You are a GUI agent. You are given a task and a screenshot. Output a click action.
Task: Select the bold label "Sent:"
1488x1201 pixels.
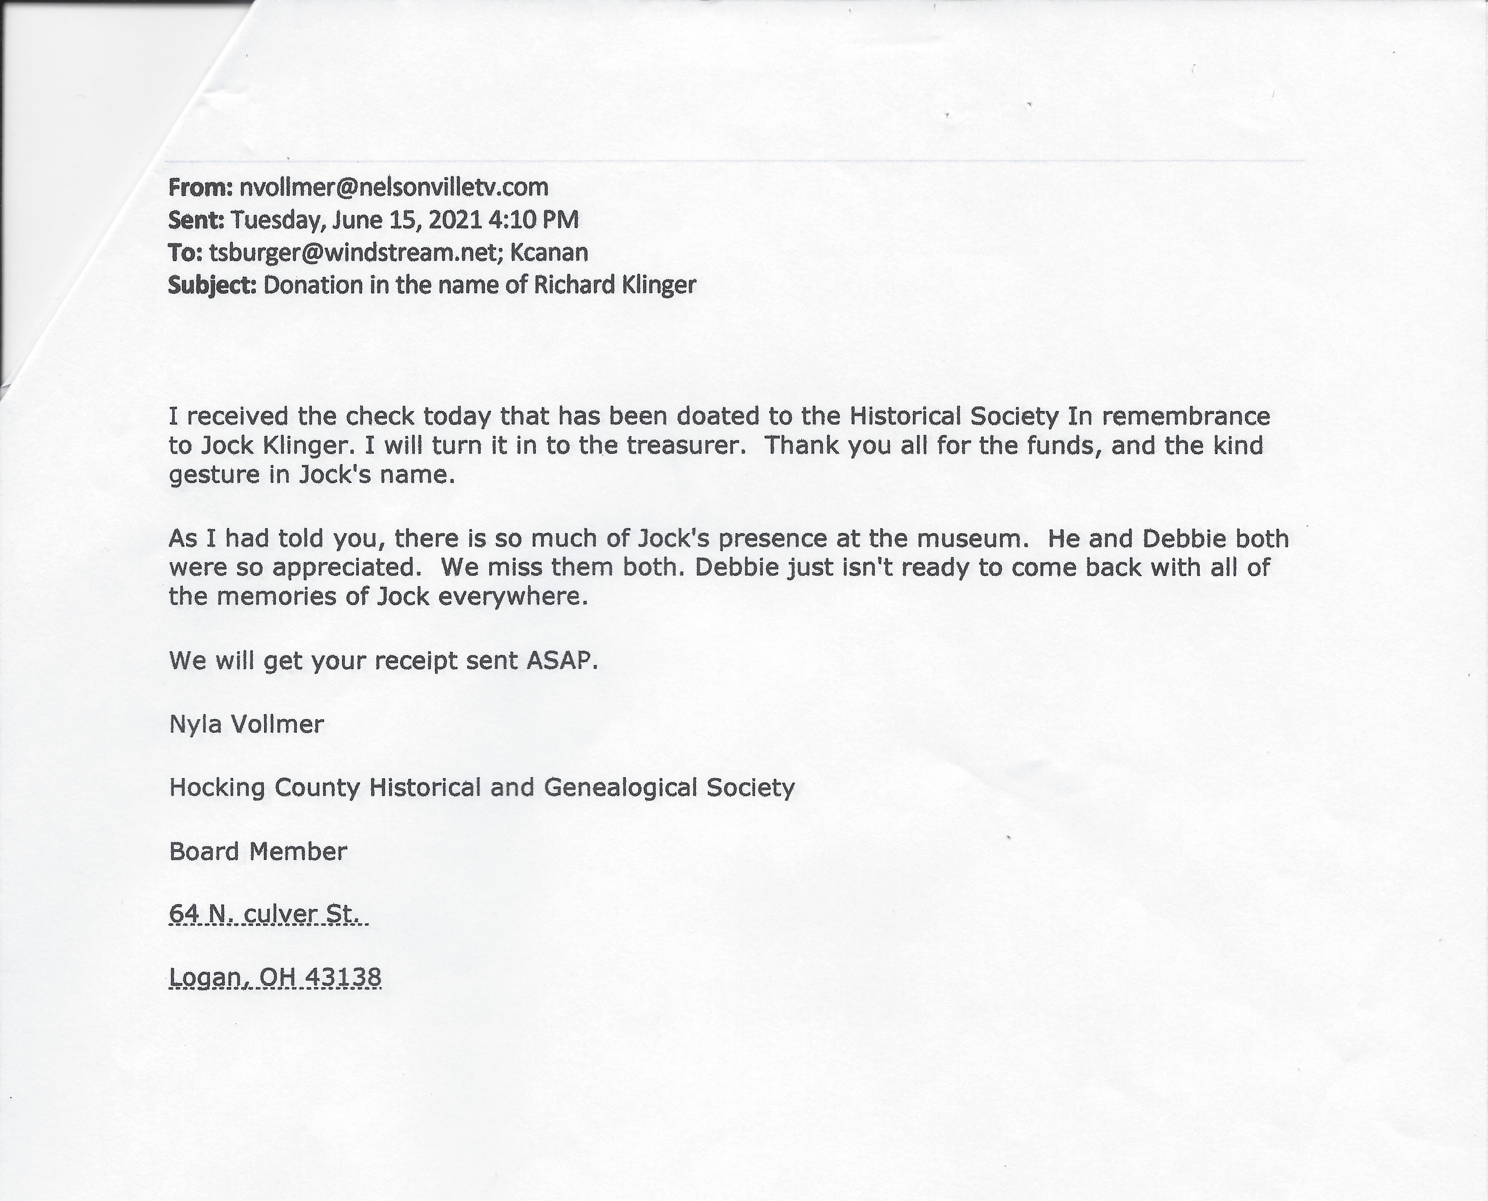(196, 220)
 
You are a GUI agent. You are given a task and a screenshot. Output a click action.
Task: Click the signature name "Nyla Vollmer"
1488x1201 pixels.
(246, 724)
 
